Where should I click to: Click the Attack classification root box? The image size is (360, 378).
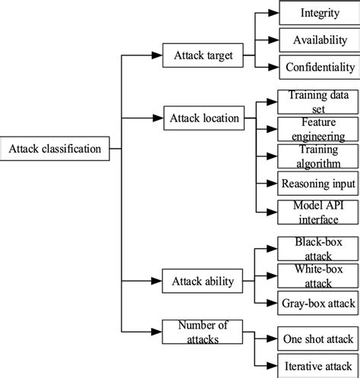coord(55,149)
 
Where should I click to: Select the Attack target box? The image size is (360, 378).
coord(203,55)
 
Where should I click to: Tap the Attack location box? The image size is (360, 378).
coord(204,118)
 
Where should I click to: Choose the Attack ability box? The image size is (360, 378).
coord(202,281)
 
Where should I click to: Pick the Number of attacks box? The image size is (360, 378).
coord(202,332)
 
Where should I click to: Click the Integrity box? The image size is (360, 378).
coord(320,13)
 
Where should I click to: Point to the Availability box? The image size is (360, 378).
coord(320,40)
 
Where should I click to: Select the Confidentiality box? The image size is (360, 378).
coord(320,68)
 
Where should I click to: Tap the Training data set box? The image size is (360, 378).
coord(318,102)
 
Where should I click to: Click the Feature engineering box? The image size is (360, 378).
coord(318,129)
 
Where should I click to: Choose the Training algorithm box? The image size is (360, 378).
coord(318,156)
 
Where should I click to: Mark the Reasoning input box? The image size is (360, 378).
coord(318,184)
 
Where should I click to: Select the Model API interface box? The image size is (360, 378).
coord(318,213)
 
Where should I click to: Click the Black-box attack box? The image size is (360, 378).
coord(318,249)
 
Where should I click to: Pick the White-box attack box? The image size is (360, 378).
coord(318,276)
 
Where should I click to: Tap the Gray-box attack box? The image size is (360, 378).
coord(318,303)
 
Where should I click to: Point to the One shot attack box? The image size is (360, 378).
coord(318,339)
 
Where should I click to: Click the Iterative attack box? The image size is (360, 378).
coord(318,366)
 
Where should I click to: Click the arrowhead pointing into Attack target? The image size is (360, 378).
coord(157,55)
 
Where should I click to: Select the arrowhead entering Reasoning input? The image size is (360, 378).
coord(272,184)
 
